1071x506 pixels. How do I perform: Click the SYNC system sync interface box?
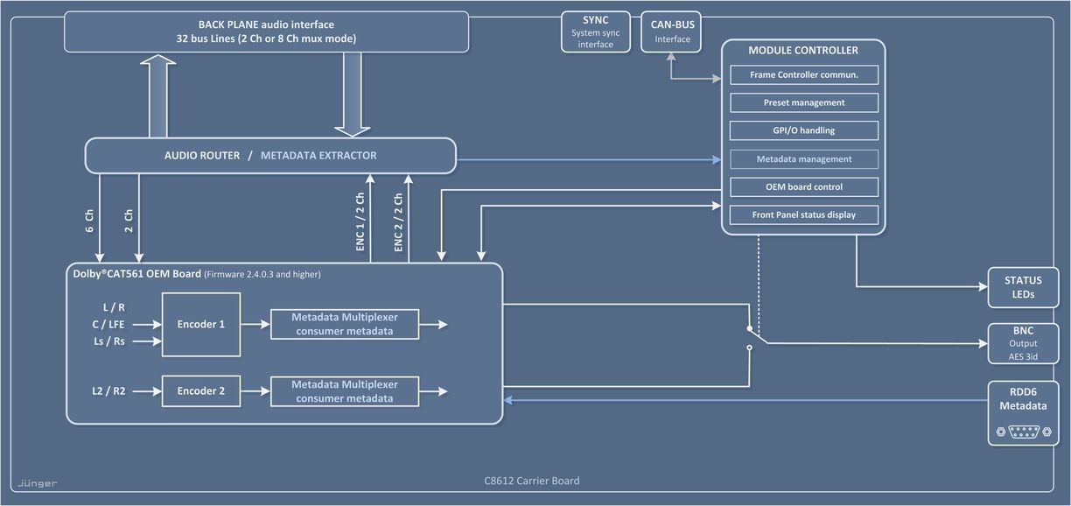(x=595, y=32)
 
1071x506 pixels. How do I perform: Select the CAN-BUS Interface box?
(x=672, y=32)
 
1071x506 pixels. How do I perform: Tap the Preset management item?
(x=804, y=102)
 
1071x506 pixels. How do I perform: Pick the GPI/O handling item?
(x=804, y=130)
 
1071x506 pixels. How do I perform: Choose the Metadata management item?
(x=804, y=158)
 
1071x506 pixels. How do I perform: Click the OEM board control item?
(x=804, y=186)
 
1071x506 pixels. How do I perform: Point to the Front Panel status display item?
(x=804, y=214)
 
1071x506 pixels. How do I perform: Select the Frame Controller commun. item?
(x=804, y=74)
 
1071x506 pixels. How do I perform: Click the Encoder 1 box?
(x=201, y=324)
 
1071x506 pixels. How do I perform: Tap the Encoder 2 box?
(x=201, y=390)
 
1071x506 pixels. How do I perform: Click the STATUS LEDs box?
(x=1023, y=287)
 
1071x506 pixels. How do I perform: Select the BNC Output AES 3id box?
(x=1023, y=343)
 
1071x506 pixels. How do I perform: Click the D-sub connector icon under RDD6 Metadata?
(x=1023, y=432)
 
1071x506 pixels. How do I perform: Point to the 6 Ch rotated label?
(x=90, y=222)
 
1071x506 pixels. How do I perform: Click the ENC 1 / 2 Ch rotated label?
(x=360, y=222)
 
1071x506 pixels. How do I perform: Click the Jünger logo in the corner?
(x=38, y=483)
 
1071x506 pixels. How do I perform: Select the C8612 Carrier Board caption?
(x=531, y=481)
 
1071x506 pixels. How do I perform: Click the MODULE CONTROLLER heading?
(x=803, y=51)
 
